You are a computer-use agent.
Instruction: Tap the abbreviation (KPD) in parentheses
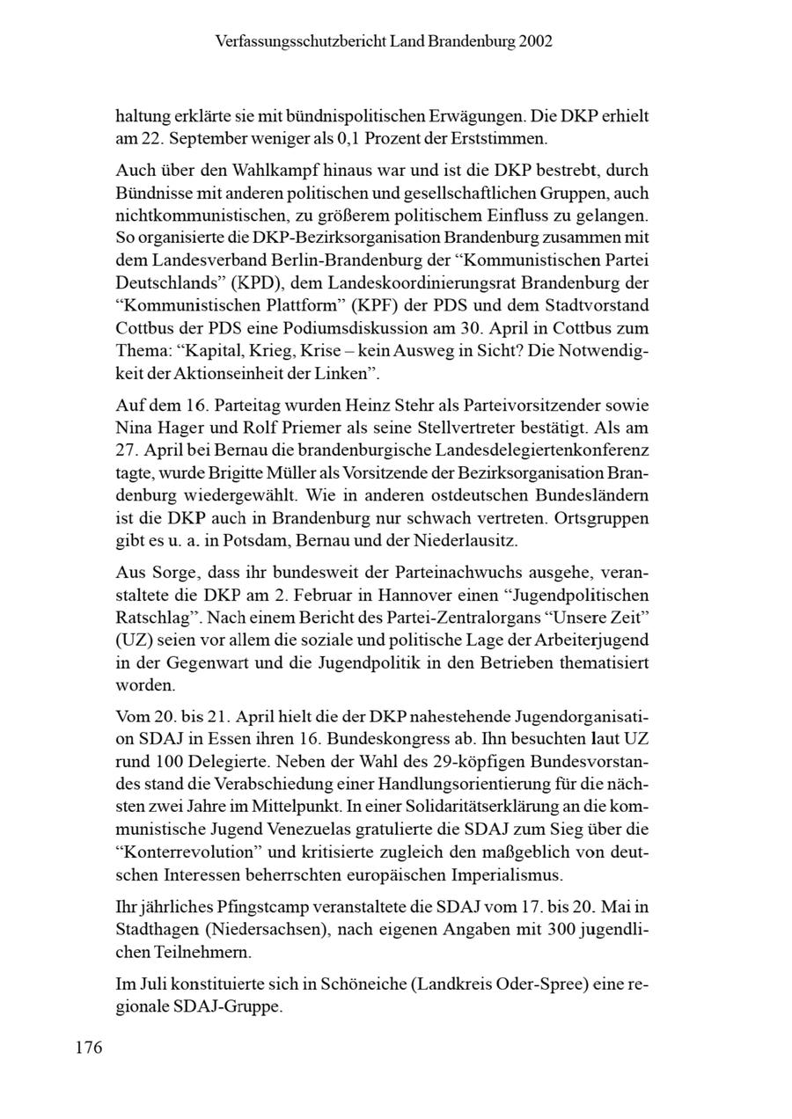click(x=230, y=283)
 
